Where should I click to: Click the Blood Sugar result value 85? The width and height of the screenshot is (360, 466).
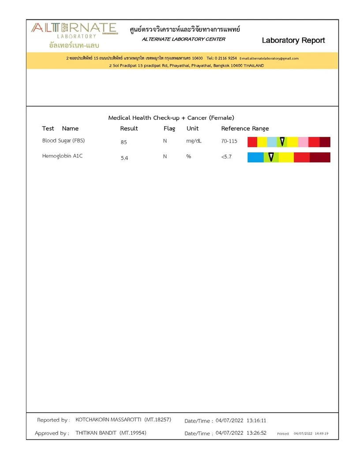(124, 143)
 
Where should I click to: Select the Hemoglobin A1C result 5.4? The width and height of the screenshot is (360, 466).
(124, 158)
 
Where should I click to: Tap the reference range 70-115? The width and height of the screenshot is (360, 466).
(229, 141)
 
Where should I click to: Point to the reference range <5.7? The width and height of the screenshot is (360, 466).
(226, 157)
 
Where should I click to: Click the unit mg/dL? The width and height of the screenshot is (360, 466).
(194, 141)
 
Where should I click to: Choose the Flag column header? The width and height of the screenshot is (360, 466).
(169, 128)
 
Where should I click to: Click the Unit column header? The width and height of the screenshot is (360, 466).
(192, 128)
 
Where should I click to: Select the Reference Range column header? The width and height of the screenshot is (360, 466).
(245, 128)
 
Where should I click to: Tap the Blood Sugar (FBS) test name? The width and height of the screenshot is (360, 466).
(64, 141)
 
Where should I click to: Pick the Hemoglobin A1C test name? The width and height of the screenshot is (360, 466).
(62, 156)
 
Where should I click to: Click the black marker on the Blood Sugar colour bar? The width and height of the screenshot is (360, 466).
(282, 142)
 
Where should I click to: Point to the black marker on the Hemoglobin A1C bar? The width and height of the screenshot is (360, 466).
(271, 157)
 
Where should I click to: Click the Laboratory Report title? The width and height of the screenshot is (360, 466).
(293, 41)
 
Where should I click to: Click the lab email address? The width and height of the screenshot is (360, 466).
(269, 58)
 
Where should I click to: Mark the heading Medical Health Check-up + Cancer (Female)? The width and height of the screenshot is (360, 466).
(171, 118)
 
